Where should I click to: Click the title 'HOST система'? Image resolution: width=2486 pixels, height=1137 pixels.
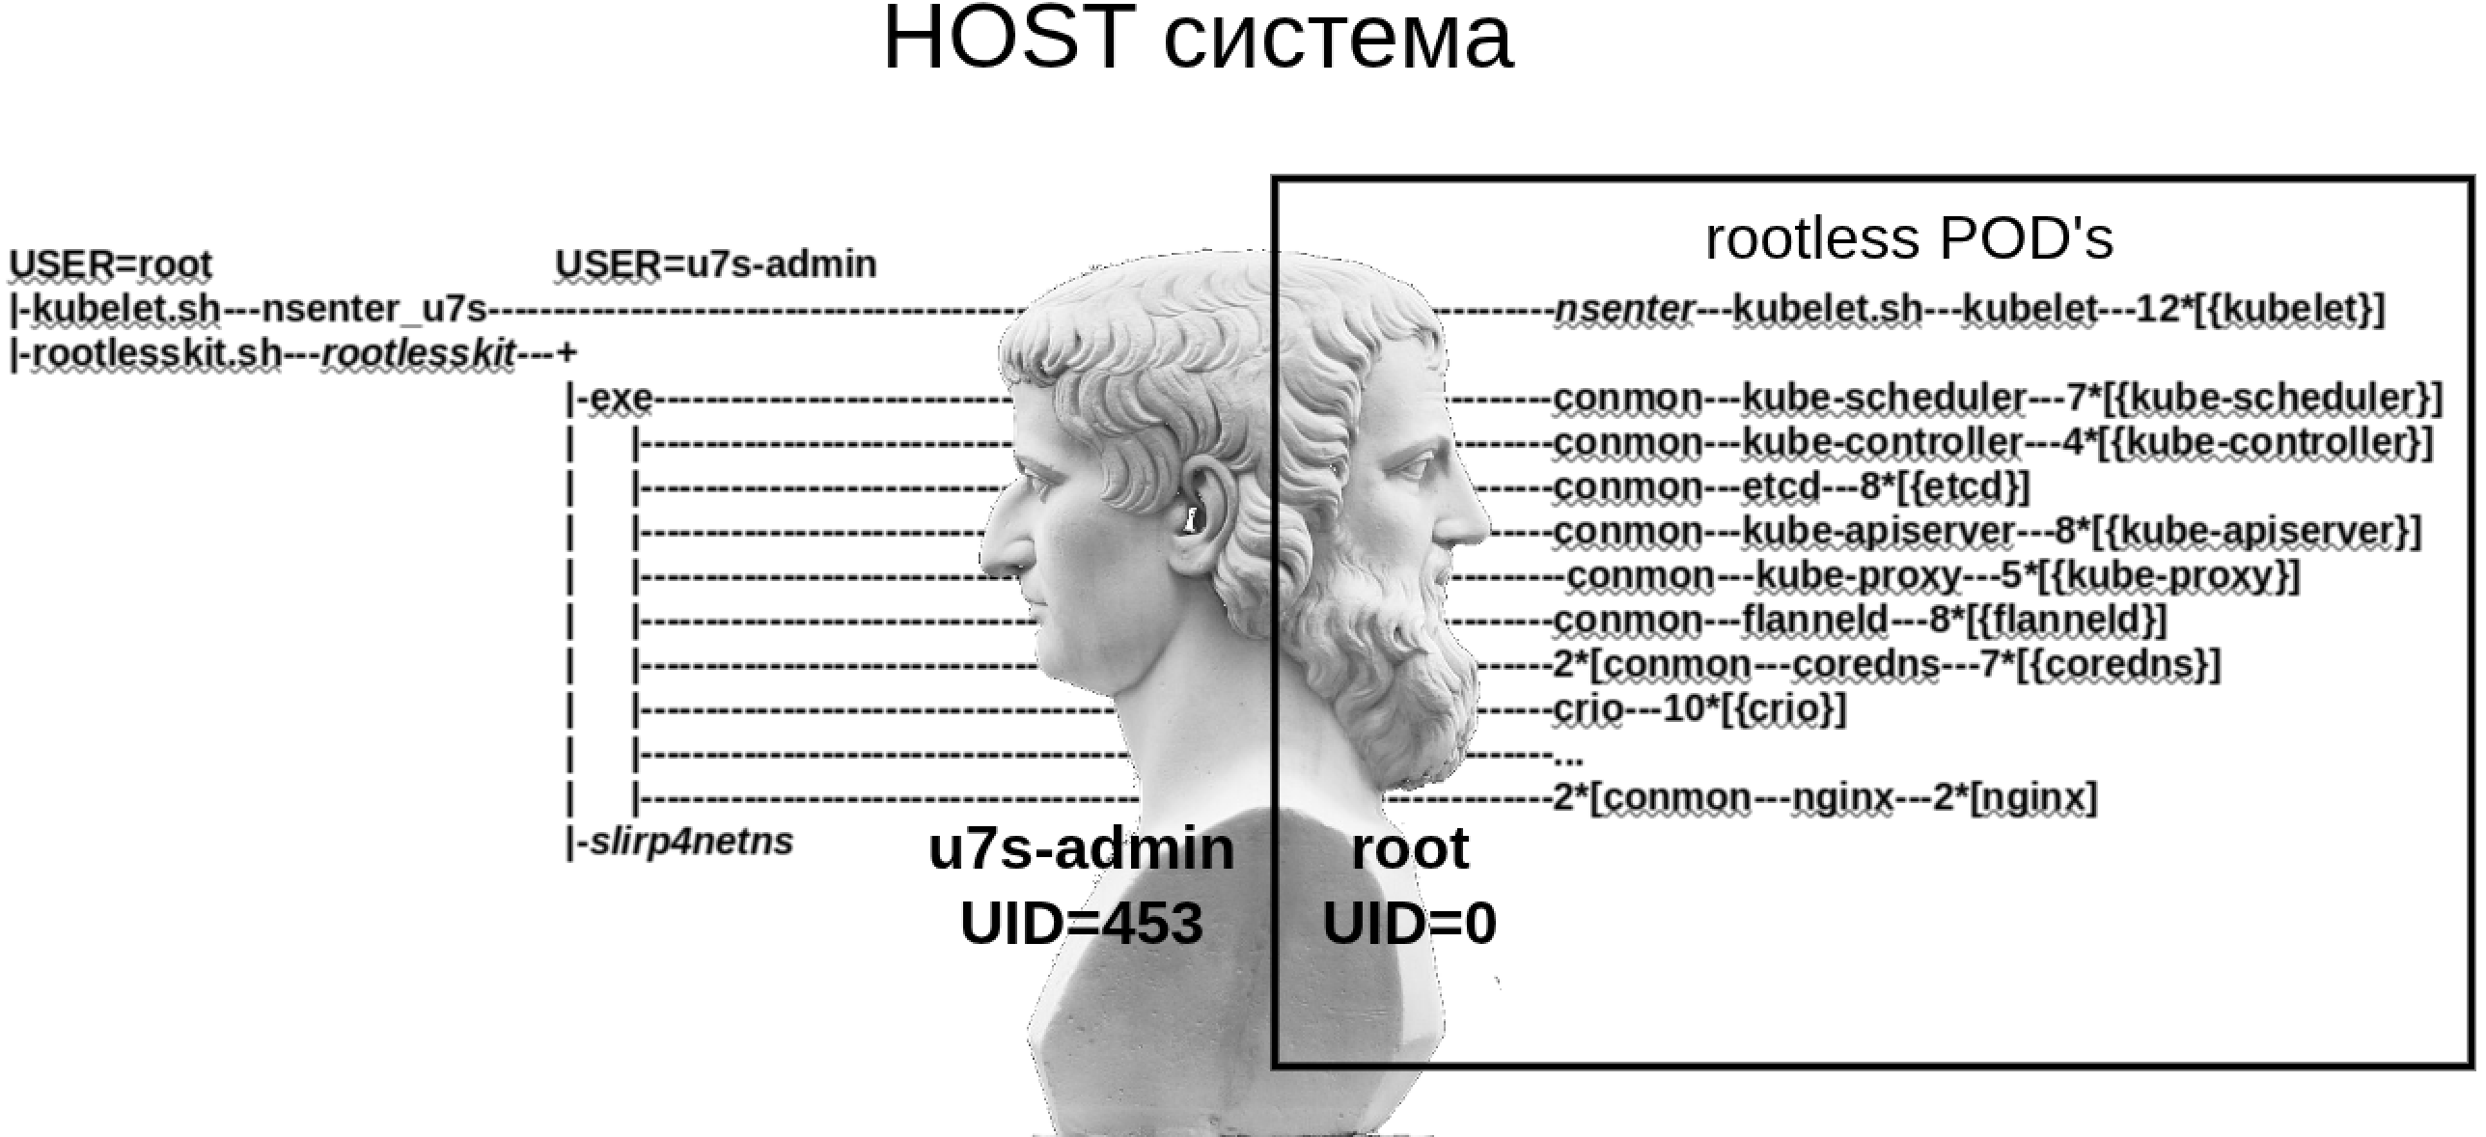point(1197,41)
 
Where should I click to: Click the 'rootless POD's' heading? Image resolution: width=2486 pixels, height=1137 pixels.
point(1909,238)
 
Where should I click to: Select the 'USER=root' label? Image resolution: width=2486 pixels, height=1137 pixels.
point(110,264)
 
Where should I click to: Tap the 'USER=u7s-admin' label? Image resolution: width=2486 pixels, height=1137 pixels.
point(715,264)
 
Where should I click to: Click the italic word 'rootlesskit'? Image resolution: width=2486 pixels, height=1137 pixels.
point(418,354)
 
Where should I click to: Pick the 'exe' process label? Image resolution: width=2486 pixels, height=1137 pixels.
point(620,399)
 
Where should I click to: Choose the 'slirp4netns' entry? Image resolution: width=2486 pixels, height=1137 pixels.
point(691,842)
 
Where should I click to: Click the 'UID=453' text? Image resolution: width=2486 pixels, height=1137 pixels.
point(1081,923)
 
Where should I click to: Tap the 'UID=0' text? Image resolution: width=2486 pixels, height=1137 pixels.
point(1408,923)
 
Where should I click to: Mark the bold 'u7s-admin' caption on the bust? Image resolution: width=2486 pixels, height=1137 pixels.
point(1081,849)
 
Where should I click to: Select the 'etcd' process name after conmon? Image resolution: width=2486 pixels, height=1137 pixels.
point(1782,487)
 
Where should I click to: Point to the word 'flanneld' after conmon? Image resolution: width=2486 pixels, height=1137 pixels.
point(1814,621)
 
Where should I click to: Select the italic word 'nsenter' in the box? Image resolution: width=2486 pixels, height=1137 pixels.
point(1624,310)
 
